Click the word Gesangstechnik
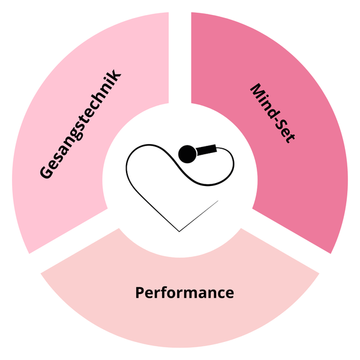(80, 124)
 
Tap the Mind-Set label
(272, 113)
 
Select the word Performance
(185, 293)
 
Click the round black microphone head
(188, 154)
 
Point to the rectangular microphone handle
(206, 149)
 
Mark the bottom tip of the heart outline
(179, 232)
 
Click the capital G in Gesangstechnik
(47, 171)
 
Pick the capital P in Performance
(140, 293)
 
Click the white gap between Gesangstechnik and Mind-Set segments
(180, 58)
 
